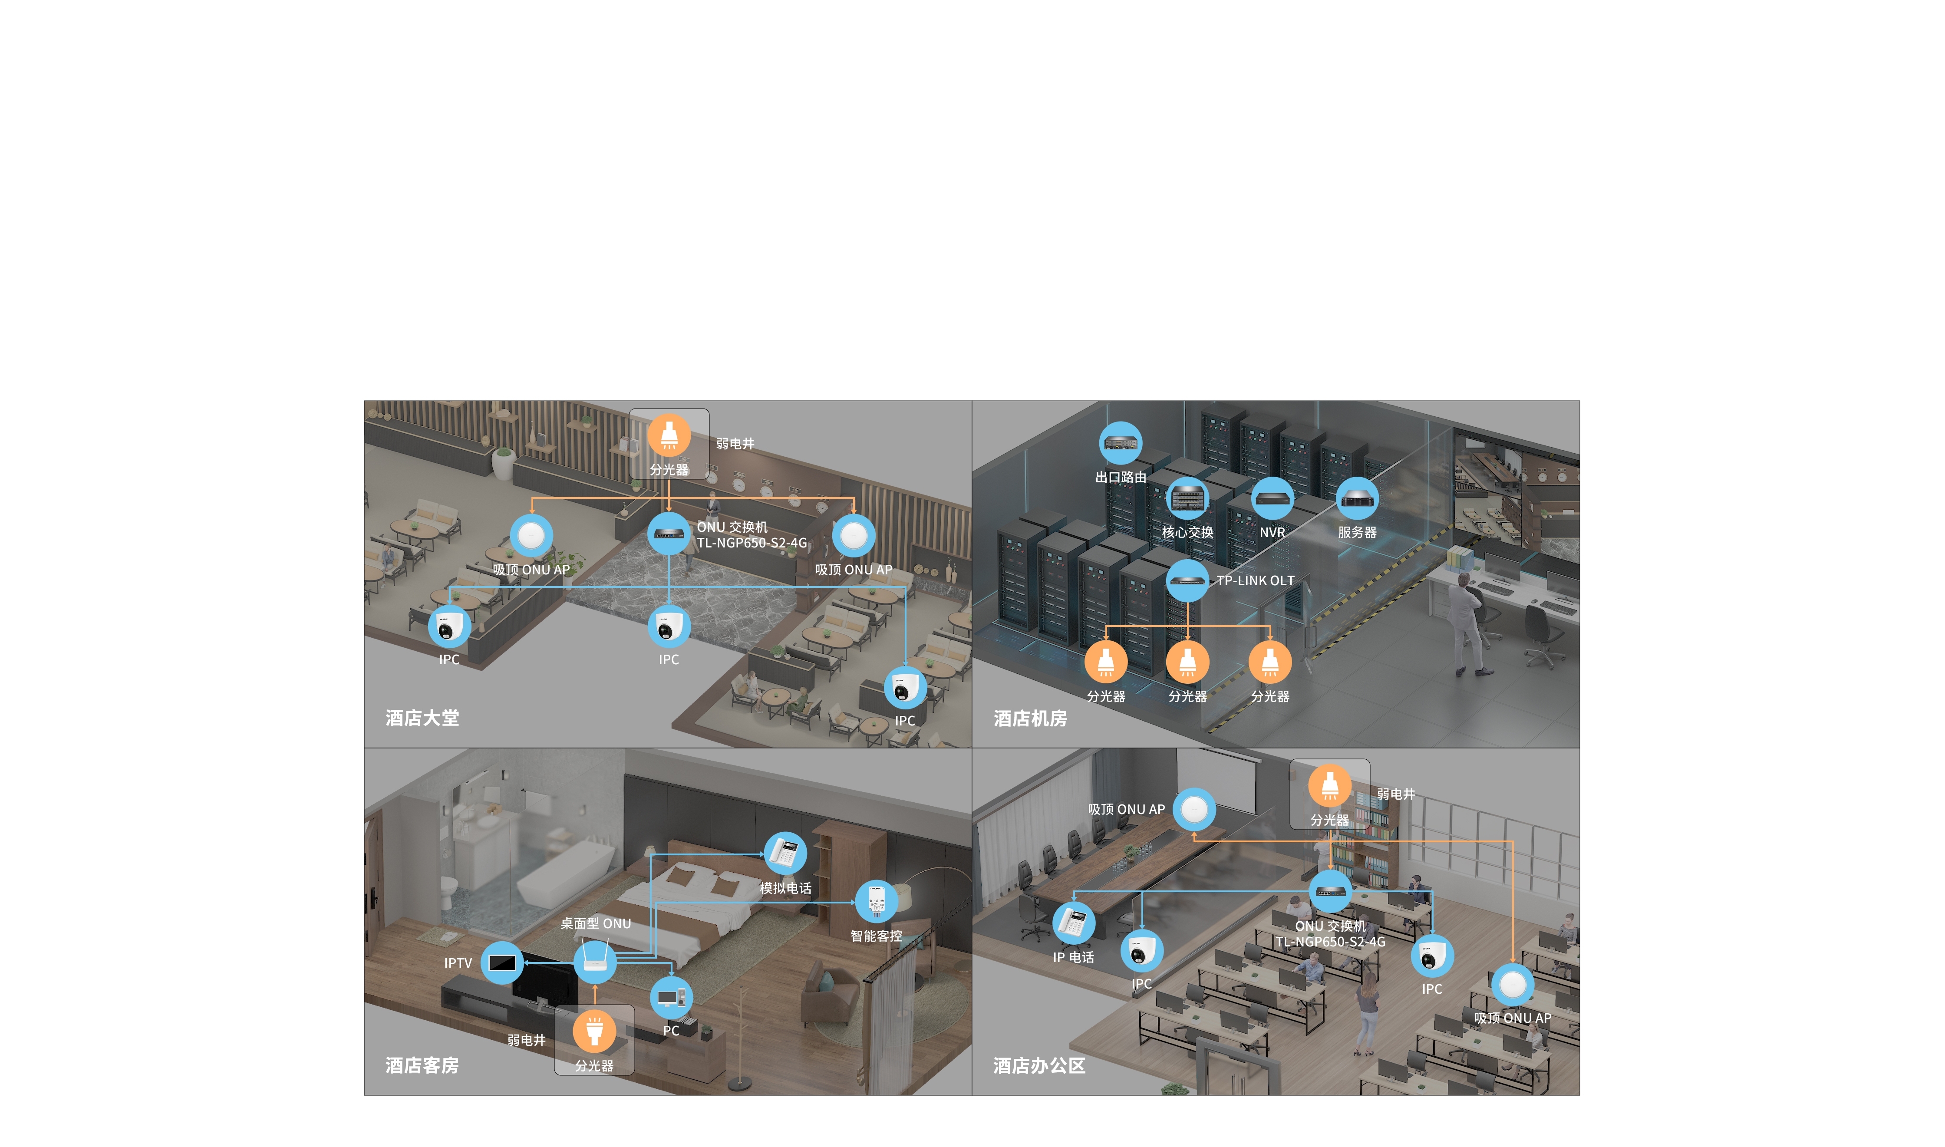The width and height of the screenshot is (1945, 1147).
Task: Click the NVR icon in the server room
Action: pyautogui.click(x=1272, y=498)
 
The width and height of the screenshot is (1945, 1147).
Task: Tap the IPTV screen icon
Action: pyautogui.click(x=502, y=963)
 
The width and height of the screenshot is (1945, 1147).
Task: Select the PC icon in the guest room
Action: pyautogui.click(x=671, y=998)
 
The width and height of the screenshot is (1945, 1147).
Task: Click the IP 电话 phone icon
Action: pyautogui.click(x=1073, y=923)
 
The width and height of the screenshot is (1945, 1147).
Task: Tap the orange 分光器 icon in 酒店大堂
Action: pyautogui.click(x=669, y=435)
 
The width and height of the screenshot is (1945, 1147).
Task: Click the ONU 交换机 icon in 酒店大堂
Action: pyautogui.click(x=669, y=533)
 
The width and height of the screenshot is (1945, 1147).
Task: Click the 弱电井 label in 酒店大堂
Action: pyautogui.click(x=735, y=444)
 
